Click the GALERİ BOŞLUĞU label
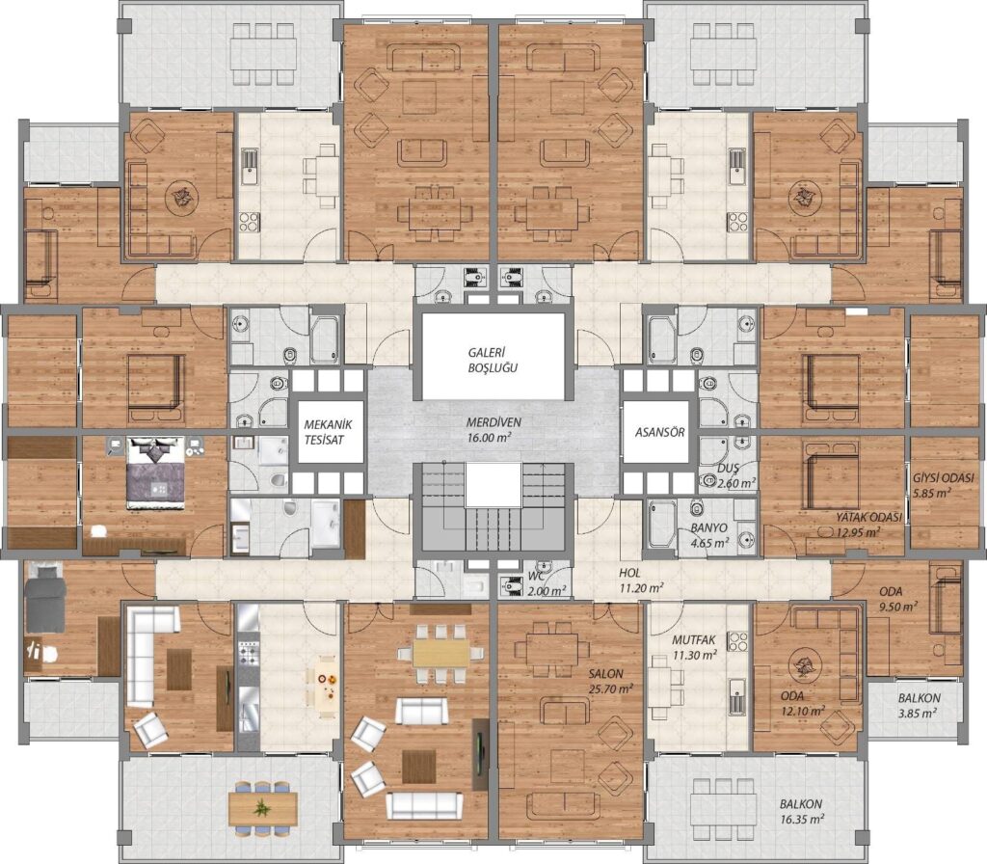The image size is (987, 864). point(493,361)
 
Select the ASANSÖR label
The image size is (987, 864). point(659,433)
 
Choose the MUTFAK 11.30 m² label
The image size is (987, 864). point(694,647)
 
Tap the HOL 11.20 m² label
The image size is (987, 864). point(640,580)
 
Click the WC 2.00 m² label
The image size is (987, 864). point(546,583)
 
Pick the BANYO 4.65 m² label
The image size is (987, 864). point(709,534)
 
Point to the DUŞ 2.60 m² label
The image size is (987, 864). point(735,476)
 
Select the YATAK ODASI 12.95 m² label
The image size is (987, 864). point(868,525)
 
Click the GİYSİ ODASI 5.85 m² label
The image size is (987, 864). point(943,485)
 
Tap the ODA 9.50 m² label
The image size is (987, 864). point(898,599)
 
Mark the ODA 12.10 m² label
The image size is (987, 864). point(802,703)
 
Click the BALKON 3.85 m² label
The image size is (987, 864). point(919,705)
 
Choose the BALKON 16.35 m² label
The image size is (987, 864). point(802,812)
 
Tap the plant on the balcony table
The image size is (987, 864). point(260,807)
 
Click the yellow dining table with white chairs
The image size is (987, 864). point(441,654)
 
